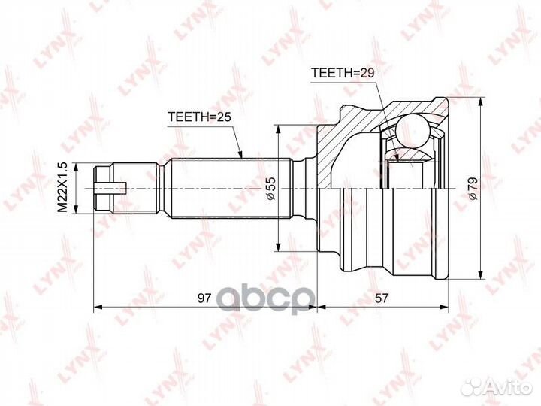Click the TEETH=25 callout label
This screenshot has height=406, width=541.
tap(199, 117)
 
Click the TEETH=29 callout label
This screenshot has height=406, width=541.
tap(343, 73)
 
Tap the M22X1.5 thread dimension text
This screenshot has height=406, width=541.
tap(62, 187)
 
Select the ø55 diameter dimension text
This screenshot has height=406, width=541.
tap(270, 188)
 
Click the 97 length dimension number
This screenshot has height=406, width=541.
tap(204, 298)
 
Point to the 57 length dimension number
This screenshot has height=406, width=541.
tap(381, 298)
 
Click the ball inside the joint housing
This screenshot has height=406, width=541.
tap(412, 131)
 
